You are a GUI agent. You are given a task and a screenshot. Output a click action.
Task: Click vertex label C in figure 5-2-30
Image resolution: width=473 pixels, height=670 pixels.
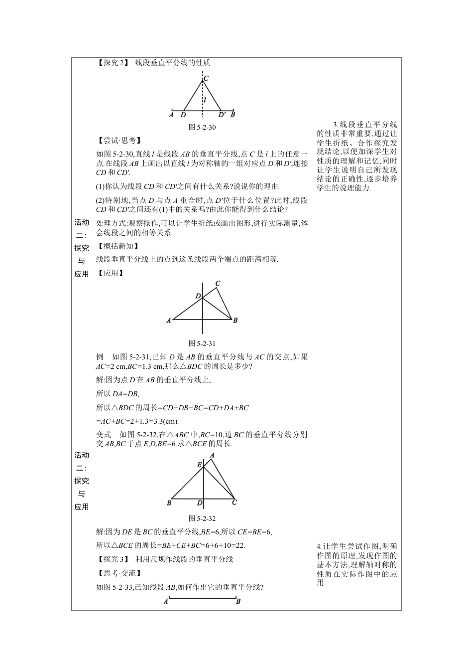[206, 78]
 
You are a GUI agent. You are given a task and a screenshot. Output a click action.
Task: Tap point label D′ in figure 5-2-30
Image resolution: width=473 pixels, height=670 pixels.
[222, 115]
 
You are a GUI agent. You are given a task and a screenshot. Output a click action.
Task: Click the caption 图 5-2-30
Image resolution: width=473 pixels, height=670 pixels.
[202, 127]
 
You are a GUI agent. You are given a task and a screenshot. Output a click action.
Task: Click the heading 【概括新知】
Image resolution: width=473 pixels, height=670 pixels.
[118, 246]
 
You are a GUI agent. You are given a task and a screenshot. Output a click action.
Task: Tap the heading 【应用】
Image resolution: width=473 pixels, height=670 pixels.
[111, 273]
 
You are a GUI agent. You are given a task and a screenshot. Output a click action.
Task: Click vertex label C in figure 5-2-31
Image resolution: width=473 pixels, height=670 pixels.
[218, 284]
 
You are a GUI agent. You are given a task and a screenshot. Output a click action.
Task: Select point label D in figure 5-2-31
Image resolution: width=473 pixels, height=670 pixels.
[198, 297]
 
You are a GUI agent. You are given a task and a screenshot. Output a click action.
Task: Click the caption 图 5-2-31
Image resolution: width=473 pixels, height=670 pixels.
[202, 343]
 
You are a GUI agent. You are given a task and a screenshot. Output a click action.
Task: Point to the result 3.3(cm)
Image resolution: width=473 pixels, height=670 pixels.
[164, 421]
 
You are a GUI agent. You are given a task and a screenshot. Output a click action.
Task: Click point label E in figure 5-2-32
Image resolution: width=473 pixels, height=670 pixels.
[199, 465]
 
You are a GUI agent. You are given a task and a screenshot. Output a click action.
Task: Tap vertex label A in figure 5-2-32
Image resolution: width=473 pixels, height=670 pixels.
[213, 455]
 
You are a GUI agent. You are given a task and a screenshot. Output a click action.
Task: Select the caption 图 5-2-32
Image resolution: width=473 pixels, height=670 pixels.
[202, 518]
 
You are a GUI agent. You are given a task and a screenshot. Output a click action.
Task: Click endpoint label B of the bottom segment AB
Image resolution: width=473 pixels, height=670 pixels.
[238, 602]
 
